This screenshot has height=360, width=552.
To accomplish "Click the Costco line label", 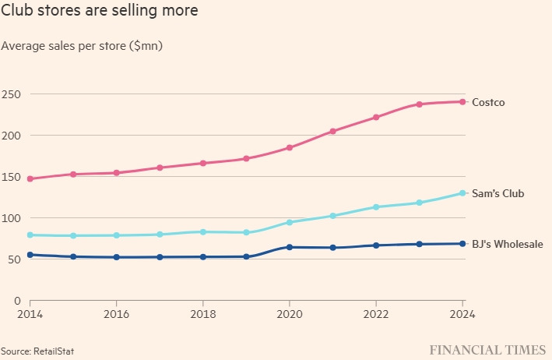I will point(489,102).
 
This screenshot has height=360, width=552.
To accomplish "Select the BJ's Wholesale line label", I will point(508,245).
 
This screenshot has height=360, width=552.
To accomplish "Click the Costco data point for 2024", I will point(462,102).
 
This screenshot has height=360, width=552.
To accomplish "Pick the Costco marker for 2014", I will point(30,178).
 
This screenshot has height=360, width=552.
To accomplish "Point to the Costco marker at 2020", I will point(290,147).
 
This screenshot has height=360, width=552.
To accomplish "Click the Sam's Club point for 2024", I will point(462,193).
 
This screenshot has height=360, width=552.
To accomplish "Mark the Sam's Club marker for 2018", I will point(203,231).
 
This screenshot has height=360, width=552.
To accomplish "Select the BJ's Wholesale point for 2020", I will point(290,247).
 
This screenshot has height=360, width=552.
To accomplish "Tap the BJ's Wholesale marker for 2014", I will point(30,255).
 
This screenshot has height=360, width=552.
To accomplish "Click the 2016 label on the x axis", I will point(117,314).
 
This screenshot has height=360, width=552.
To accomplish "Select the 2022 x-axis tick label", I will point(376,314).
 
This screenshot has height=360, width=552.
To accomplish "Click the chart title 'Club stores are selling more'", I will point(99,12).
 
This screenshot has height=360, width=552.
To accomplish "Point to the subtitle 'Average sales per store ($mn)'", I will point(82,46).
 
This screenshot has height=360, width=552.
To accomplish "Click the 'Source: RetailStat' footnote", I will point(37,351).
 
